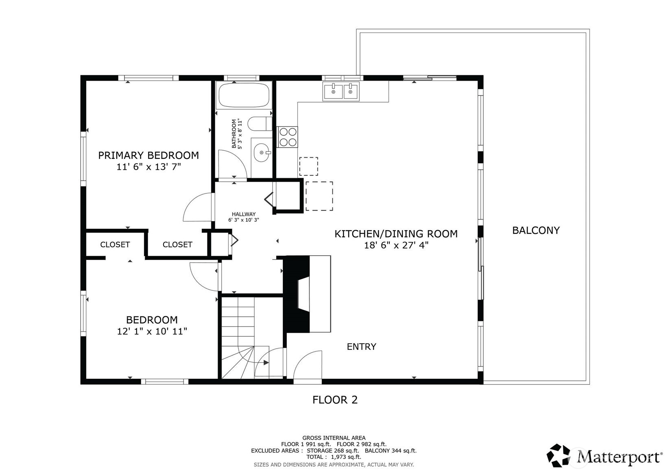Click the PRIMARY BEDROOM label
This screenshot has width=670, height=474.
click(148, 156)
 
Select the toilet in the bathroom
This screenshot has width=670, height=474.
click(260, 123)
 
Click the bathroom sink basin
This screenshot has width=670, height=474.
click(262, 152)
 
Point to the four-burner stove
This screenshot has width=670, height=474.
click(287, 137)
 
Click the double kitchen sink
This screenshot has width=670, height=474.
click(341, 91)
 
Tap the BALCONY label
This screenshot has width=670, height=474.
click(536, 230)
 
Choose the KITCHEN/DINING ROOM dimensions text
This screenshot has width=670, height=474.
click(396, 246)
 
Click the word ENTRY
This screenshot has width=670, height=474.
click(361, 347)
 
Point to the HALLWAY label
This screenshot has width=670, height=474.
click(244, 214)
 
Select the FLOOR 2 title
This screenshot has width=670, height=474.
click(335, 400)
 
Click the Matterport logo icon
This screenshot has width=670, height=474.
click(559, 455)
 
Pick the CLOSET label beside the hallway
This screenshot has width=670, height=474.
click(177, 245)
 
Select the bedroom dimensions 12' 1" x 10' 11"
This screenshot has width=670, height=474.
click(152, 331)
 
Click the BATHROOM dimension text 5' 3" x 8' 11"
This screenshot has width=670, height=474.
click(240, 134)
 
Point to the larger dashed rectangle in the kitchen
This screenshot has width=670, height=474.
click(319, 196)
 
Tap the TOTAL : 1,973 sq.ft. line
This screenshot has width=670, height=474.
click(334, 457)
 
